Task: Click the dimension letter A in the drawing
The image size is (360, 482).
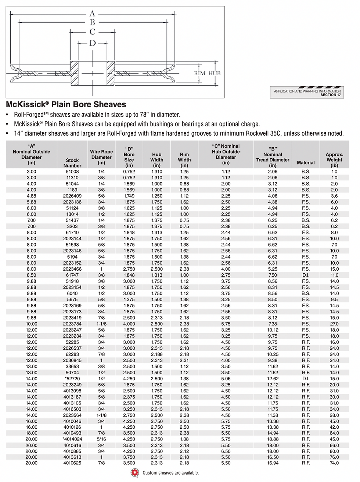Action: point(92,14)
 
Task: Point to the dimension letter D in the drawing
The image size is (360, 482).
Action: point(92,43)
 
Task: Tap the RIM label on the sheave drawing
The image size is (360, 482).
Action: point(199,73)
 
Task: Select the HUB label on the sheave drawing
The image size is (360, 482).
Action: point(215,73)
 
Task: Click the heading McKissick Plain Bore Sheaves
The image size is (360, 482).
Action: point(66,105)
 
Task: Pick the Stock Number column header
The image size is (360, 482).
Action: point(72,163)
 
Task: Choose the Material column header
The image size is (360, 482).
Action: point(306,163)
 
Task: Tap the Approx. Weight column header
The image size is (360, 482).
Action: point(334,160)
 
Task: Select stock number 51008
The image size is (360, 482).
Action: point(72,172)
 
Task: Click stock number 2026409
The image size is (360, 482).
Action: point(72,196)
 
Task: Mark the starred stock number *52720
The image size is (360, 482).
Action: point(72,378)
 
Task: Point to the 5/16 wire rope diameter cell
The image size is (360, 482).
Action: point(101,439)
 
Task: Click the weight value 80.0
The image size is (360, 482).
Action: point(334,452)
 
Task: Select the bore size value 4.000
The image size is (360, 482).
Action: point(129,324)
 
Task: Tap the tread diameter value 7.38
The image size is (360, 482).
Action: point(273,324)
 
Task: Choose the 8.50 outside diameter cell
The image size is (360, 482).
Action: point(32,275)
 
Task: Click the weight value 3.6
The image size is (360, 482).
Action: point(334,196)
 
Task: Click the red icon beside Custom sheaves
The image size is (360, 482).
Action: point(135,473)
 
